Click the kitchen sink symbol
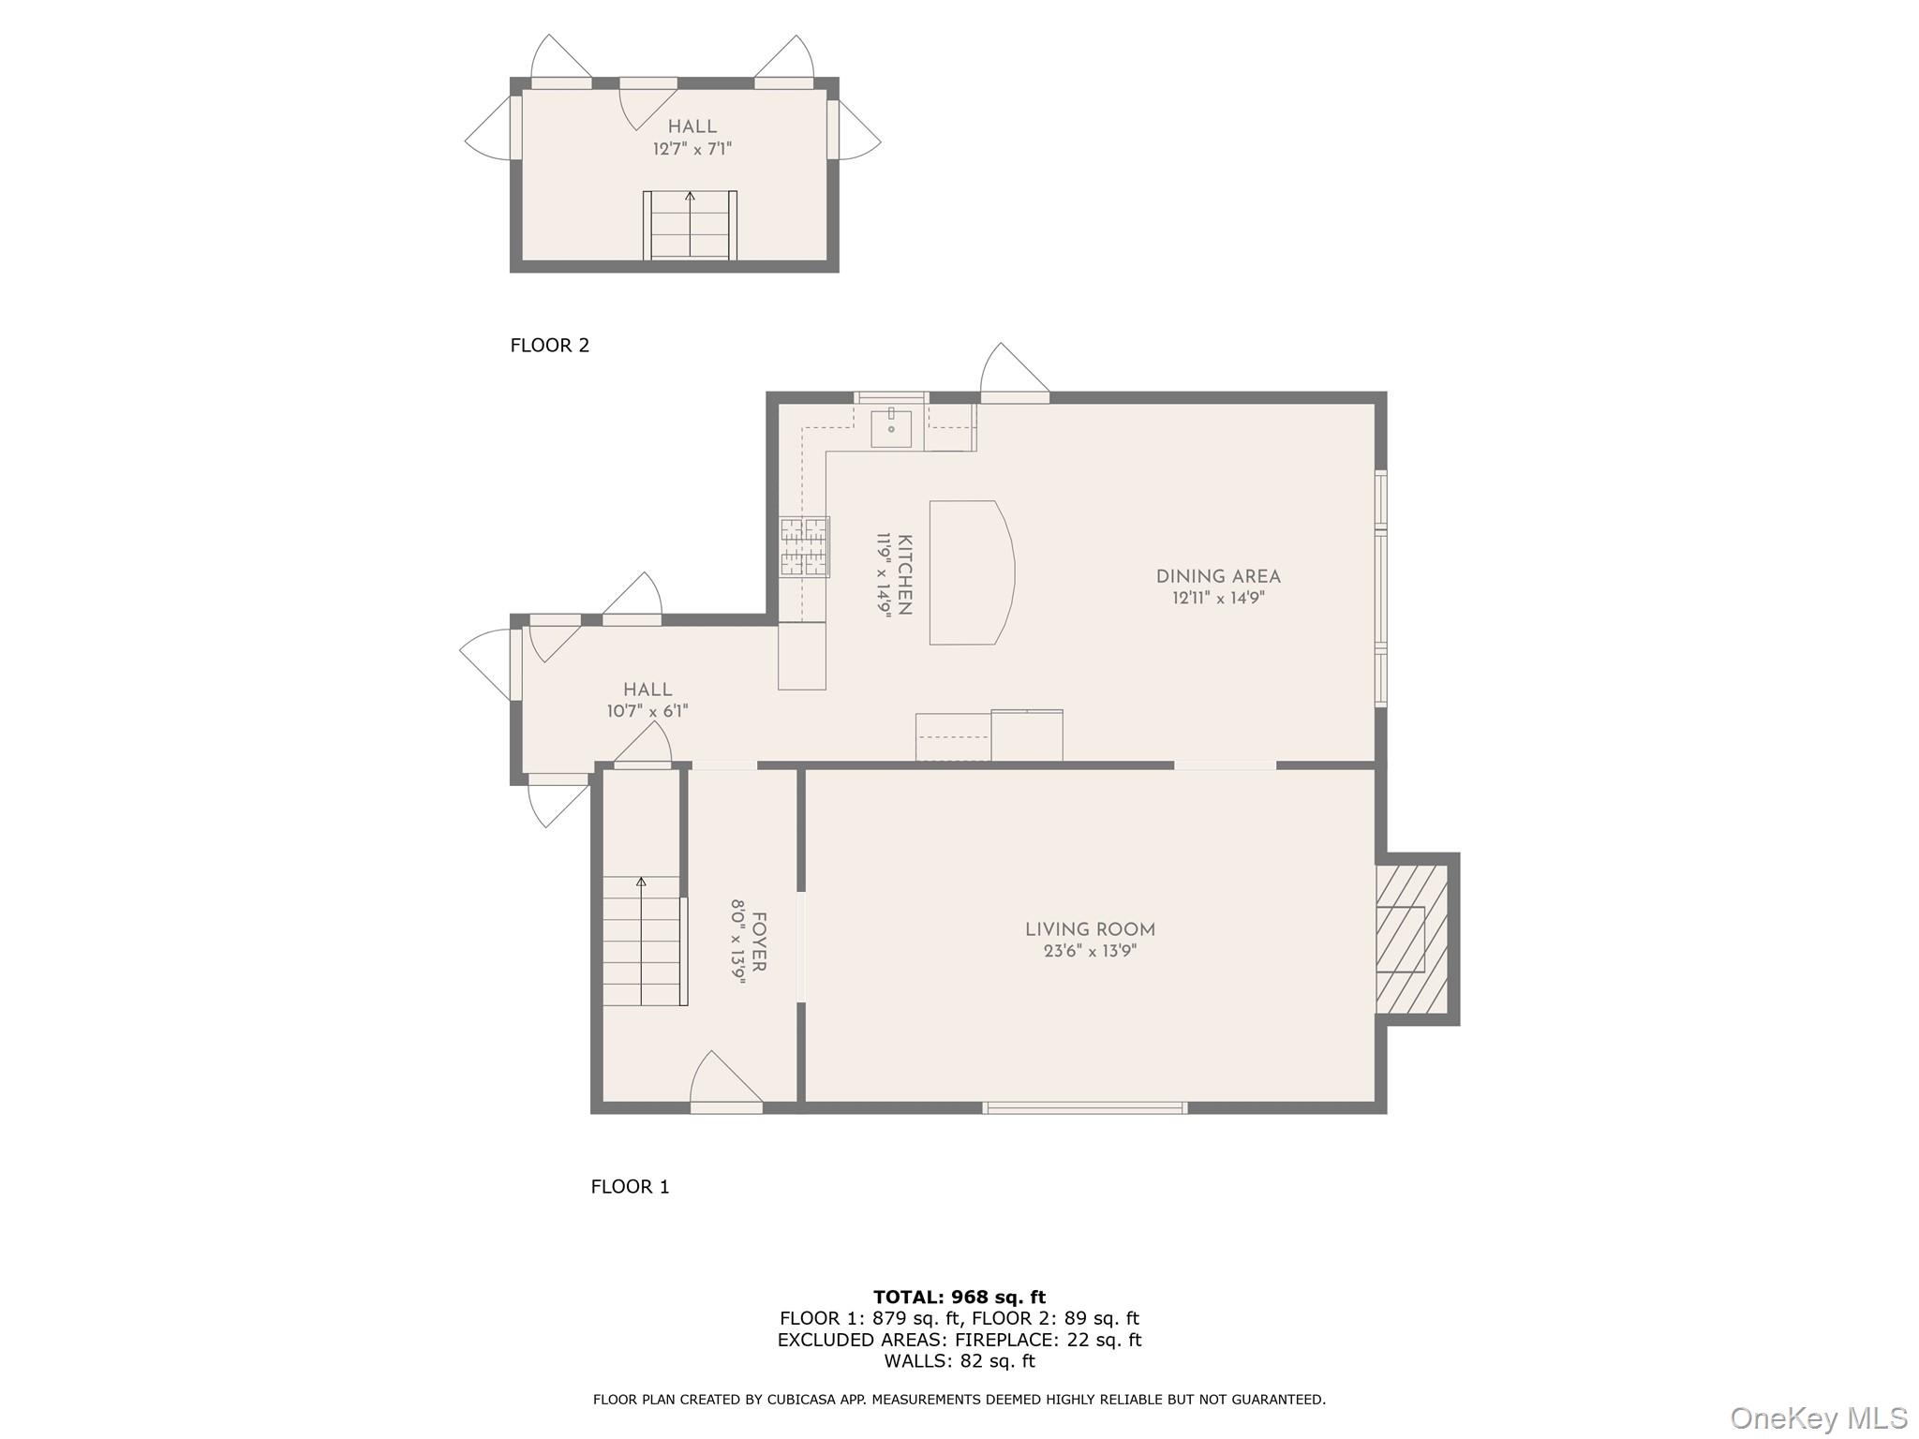tap(890, 429)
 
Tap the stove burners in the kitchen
tap(805, 546)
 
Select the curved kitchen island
tap(971, 572)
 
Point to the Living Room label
tap(1090, 930)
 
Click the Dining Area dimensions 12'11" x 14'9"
tap(1218, 599)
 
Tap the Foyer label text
tap(759, 942)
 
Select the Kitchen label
tap(905, 574)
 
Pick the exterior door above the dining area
tap(1014, 375)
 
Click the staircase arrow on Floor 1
tap(641, 883)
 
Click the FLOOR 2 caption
tap(549, 346)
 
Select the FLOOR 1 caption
tap(630, 1187)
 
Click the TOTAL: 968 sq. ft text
tap(959, 1298)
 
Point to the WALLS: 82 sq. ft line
tap(959, 1361)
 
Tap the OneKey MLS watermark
tap(1818, 1417)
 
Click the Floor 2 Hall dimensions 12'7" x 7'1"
tap(692, 149)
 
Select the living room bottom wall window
tap(1085, 1108)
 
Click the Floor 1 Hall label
tap(647, 690)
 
